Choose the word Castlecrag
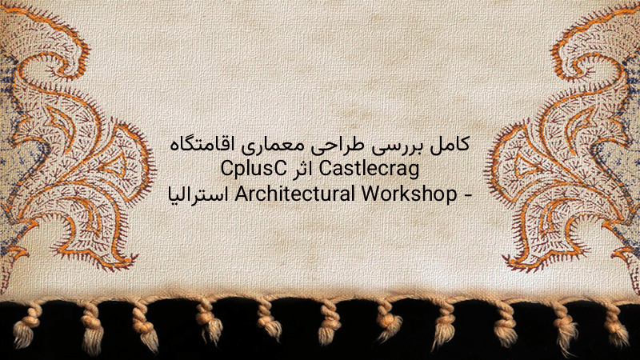coord(369,170)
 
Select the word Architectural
coord(294,194)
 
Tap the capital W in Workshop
coord(370,194)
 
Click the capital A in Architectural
coord(241,194)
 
